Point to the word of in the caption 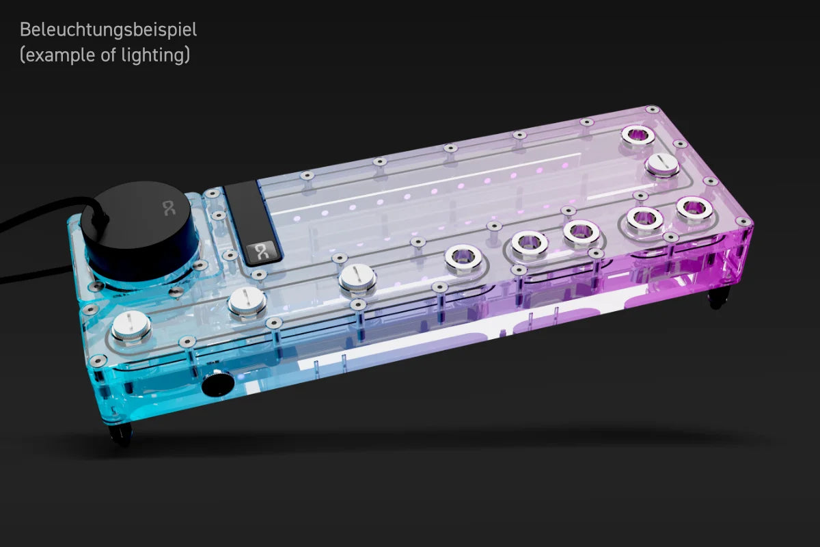tap(108, 55)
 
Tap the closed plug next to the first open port tap(357, 278)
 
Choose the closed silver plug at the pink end tap(661, 164)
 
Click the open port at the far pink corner tap(637, 135)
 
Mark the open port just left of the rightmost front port tap(644, 219)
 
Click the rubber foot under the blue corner tap(121, 435)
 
